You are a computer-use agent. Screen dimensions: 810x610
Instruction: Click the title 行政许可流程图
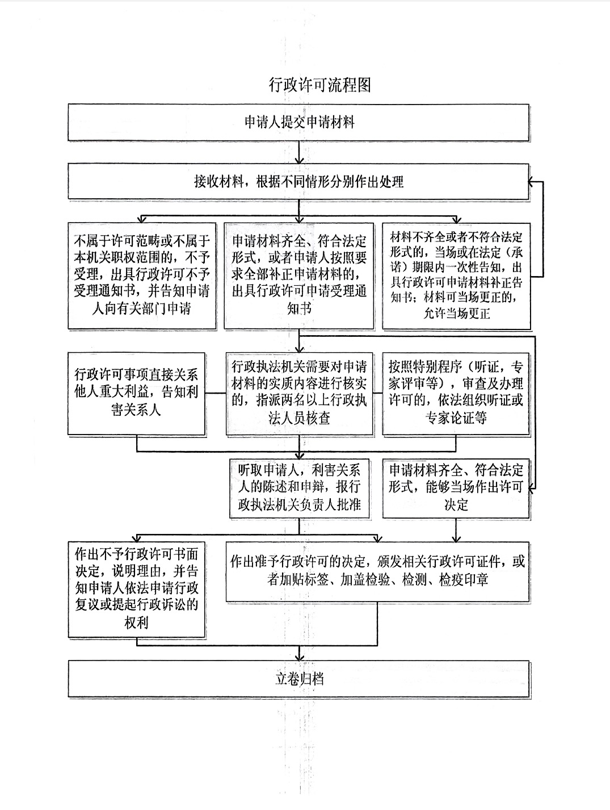point(320,85)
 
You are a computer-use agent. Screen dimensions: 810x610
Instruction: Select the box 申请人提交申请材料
point(299,122)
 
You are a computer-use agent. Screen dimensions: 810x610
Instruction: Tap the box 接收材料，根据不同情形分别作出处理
point(299,182)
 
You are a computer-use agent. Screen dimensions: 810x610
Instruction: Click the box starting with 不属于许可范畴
point(142,276)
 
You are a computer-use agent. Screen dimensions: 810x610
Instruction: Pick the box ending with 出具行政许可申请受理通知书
point(299,276)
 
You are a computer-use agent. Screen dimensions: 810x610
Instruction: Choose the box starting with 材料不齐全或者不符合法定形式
point(457,276)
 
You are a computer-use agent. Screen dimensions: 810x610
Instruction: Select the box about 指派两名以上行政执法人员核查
point(300,394)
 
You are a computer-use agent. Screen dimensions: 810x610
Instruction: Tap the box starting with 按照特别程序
point(457,394)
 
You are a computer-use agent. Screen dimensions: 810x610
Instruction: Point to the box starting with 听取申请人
point(300,487)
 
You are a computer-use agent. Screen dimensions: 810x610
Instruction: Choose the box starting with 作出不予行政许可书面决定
point(136,587)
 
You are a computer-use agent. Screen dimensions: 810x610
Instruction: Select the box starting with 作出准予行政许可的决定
point(378,570)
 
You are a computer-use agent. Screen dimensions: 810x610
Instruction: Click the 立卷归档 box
point(299,678)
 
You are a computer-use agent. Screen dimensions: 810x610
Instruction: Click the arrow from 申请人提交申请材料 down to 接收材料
point(300,152)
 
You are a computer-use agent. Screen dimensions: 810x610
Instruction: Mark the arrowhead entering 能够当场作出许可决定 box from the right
point(533,487)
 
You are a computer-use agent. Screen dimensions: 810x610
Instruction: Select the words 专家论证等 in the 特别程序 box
point(456,418)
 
